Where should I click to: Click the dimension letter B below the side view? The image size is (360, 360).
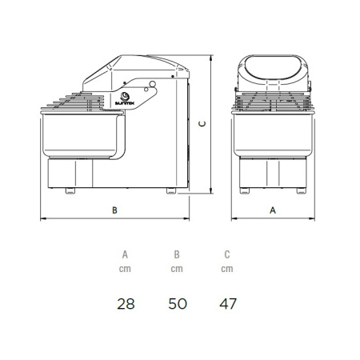coord(114,210)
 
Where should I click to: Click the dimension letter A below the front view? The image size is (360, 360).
coord(273,210)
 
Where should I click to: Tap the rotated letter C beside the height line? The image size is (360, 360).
coord(203,124)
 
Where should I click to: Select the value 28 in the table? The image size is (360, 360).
coord(126,304)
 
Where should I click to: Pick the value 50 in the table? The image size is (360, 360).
coord(178,304)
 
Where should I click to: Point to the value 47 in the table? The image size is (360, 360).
coord(228,304)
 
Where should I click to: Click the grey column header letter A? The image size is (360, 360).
coord(125,254)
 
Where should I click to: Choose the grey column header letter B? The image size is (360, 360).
coord(177,254)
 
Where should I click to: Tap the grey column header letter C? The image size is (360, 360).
coord(227,254)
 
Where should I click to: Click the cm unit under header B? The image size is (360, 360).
coord(177,269)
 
